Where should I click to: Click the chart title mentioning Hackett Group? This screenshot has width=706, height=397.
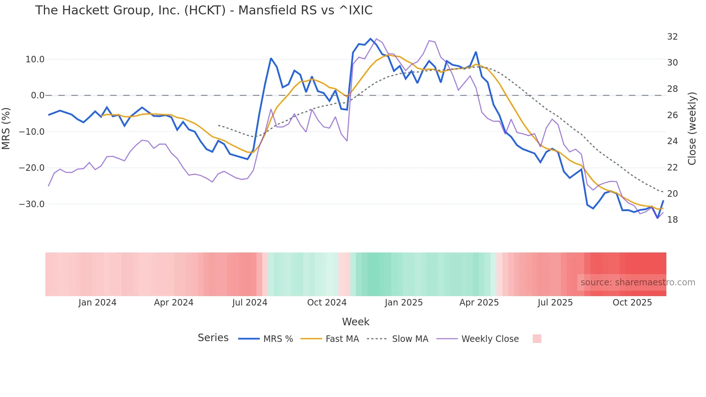[x=204, y=10]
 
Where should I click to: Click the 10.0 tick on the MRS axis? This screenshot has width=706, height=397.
[x=35, y=59]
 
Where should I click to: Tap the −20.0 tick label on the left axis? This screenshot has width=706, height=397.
[x=32, y=168]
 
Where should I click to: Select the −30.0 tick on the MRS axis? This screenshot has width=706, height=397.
[x=32, y=204]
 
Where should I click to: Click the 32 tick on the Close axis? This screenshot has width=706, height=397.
[x=672, y=37]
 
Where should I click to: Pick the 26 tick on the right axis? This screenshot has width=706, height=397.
[x=672, y=115]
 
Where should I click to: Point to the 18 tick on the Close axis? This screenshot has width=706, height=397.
[x=672, y=220]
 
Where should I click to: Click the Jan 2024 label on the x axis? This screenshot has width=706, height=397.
[x=97, y=303]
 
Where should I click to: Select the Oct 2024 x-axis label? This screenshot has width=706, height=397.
[x=327, y=303]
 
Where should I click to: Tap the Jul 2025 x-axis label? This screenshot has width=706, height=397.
[x=555, y=303]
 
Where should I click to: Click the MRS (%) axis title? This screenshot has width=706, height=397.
[x=6, y=129]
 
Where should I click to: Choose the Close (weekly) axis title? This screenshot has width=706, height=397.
[x=692, y=129]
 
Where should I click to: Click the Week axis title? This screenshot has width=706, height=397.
[x=356, y=322]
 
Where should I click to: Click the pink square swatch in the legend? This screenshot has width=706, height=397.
[x=537, y=339]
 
